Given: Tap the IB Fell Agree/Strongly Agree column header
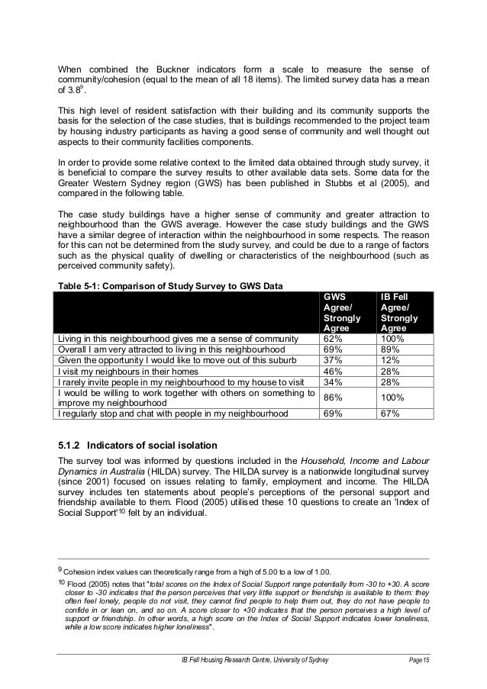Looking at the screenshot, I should [402, 313].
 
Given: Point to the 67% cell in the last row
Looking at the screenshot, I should [390, 415].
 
